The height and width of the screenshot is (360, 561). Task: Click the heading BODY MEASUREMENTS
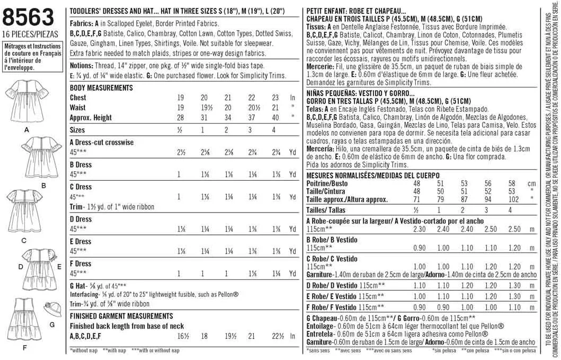click(x=101, y=87)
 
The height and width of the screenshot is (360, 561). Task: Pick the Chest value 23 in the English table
click(x=275, y=98)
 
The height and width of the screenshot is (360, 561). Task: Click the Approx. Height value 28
click(x=180, y=117)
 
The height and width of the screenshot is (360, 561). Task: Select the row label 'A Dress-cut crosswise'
click(x=102, y=143)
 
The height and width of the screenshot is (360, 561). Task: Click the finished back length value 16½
click(x=183, y=336)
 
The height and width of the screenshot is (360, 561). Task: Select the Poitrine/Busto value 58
click(x=512, y=183)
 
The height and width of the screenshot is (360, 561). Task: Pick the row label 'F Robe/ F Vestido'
click(x=331, y=307)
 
